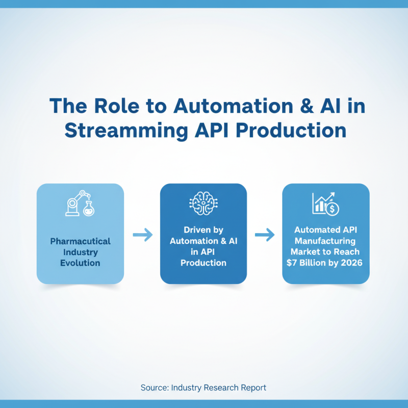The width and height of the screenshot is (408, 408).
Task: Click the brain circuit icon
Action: [203, 203]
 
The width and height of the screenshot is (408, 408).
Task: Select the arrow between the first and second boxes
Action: [142, 235]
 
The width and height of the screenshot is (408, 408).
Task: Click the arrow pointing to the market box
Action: [265, 235]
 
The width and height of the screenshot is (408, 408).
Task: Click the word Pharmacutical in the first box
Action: [80, 241]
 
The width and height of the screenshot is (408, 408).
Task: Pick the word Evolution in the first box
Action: [80, 263]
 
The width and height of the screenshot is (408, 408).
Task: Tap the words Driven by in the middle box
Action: [203, 229]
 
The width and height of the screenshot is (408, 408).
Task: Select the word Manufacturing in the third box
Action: [326, 241]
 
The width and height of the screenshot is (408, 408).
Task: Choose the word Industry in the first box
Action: [80, 252]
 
